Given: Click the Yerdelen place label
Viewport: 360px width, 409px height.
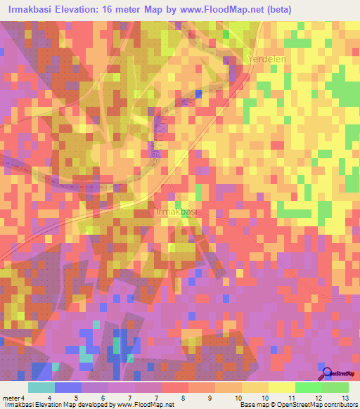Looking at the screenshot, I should click(x=266, y=60).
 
